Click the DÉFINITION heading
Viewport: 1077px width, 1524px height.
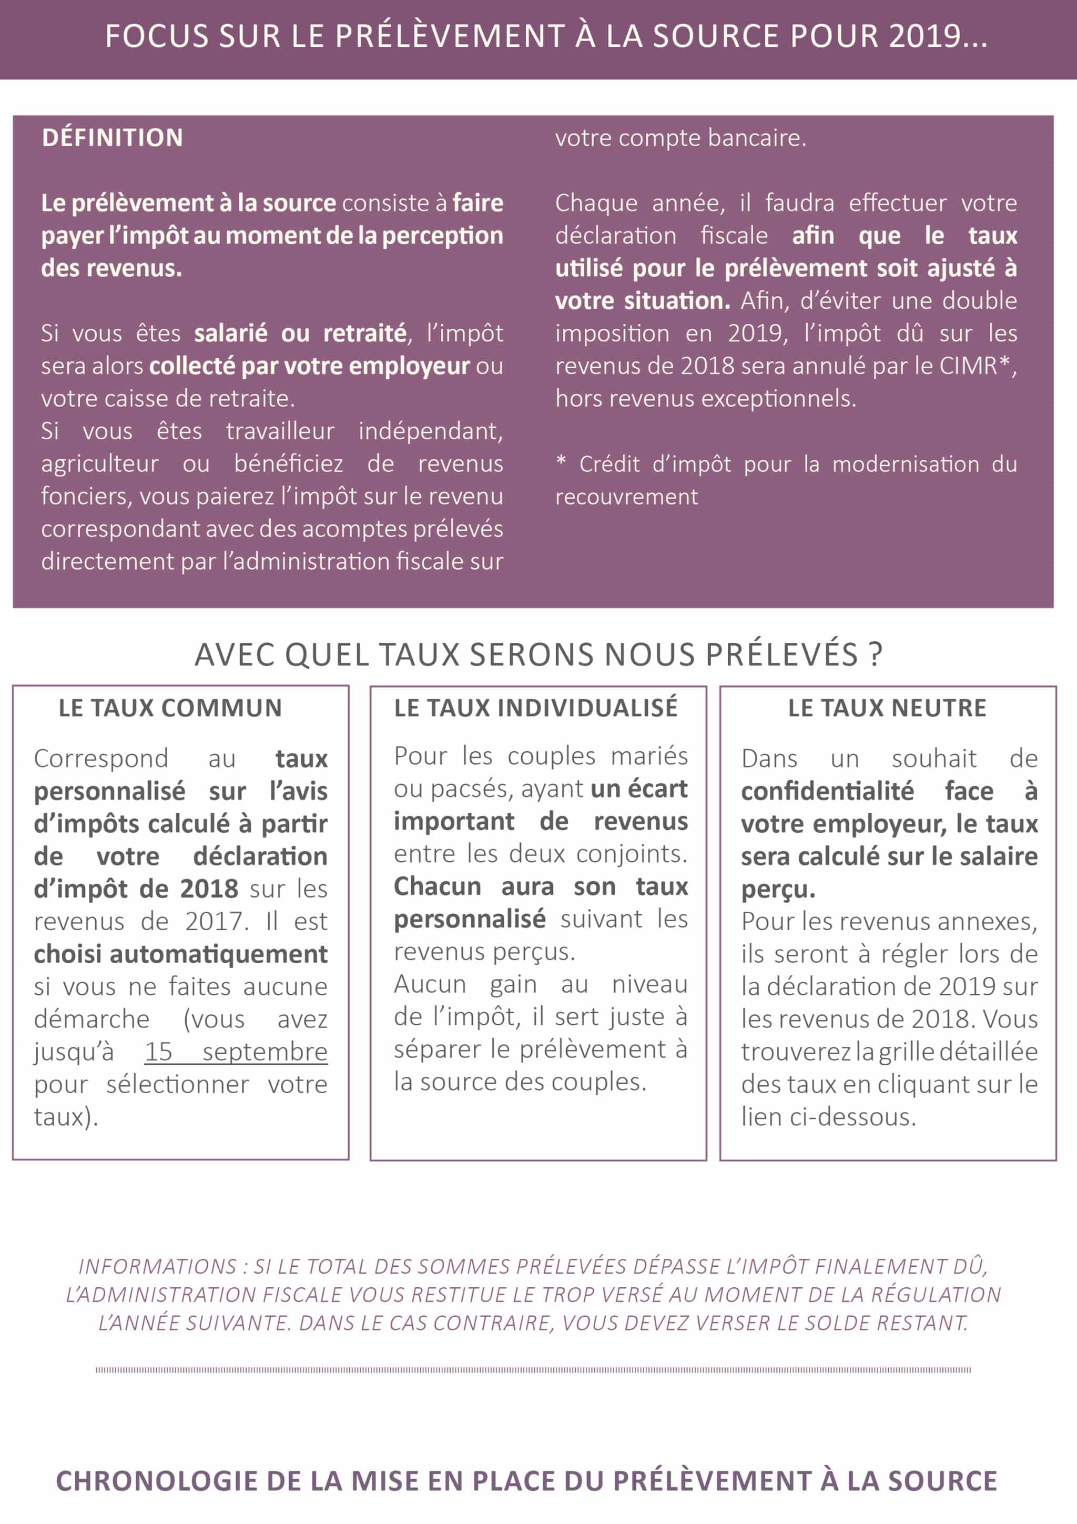point(112,137)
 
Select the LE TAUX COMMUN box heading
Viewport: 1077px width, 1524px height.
point(170,708)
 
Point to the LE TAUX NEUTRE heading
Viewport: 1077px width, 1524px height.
point(887,708)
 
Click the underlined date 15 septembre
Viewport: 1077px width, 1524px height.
point(236,1052)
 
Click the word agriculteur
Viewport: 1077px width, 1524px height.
point(99,464)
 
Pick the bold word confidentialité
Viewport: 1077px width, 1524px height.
point(827,791)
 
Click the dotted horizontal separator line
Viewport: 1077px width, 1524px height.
point(533,1370)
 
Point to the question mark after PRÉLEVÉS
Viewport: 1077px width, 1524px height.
point(876,654)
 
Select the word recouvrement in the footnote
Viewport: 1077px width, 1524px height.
point(626,497)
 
